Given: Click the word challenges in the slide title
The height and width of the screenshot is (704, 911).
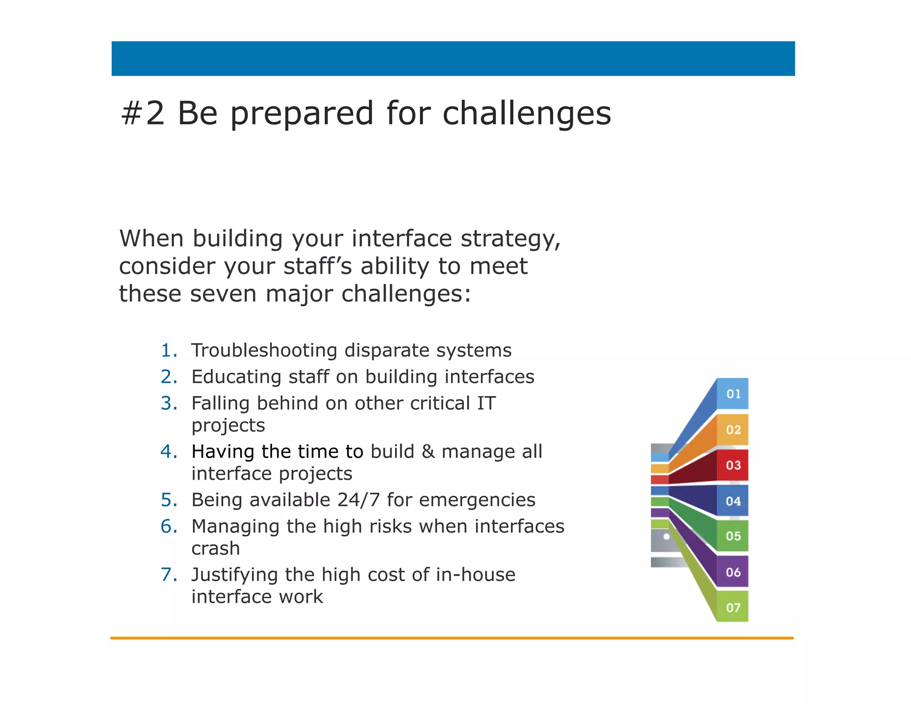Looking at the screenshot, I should [527, 114].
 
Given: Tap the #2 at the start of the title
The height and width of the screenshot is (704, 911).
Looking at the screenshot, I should [143, 113].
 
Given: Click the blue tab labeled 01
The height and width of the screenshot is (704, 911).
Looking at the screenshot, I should [733, 394].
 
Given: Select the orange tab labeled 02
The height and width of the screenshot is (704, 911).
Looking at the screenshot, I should [733, 430].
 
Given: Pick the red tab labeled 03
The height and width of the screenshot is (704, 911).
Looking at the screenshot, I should [733, 465].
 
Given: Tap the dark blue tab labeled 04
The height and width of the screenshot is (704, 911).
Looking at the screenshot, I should [733, 501].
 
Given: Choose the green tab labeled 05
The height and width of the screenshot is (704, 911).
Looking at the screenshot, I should [733, 536].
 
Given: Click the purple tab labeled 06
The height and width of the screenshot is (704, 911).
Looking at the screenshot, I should [733, 572].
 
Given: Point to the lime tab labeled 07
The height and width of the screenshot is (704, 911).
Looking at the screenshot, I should [733, 607].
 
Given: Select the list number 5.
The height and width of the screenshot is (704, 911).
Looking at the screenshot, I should [169, 500].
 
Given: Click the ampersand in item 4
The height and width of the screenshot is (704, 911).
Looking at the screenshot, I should [428, 452].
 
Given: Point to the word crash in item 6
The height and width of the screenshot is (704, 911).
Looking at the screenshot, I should [215, 549].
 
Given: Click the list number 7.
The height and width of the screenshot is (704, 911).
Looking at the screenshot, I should [169, 575].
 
